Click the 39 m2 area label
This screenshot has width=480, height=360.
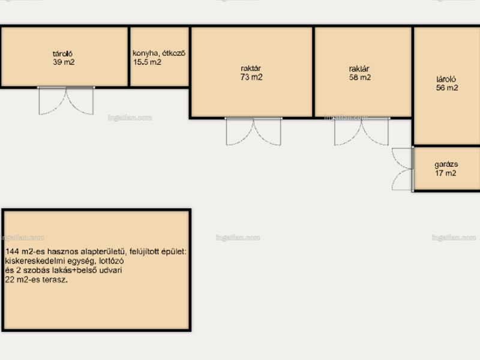[x=64, y=62]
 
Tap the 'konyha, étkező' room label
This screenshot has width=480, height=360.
[x=159, y=53]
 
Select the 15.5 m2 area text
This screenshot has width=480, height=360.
[x=147, y=62]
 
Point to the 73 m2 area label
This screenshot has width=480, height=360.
[x=251, y=77]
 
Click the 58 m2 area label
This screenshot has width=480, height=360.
[x=360, y=77]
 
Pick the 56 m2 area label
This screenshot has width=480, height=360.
[x=447, y=88]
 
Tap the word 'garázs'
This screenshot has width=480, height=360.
[x=446, y=164]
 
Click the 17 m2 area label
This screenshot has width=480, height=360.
[x=446, y=173]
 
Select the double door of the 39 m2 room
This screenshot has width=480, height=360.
[x=66, y=101]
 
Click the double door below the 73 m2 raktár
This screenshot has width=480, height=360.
[x=253, y=131]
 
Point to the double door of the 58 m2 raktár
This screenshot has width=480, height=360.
[x=362, y=131]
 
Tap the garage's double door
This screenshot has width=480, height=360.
[x=403, y=169]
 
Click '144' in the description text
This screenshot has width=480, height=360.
[x=12, y=252]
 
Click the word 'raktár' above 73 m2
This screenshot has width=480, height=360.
[x=251, y=68]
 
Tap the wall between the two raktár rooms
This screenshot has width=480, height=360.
[x=313, y=72]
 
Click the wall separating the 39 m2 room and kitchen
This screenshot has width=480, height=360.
[x=129, y=56]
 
